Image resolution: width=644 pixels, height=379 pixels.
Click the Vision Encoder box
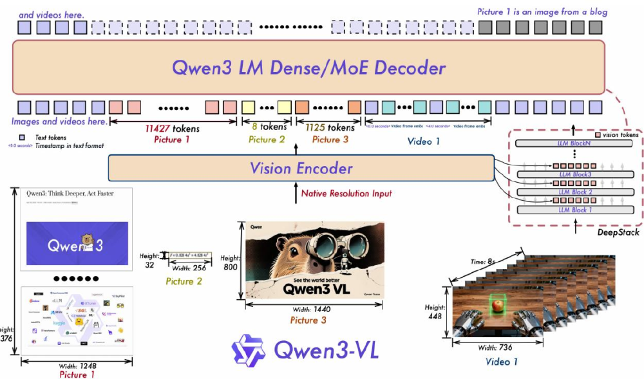(x=301, y=169)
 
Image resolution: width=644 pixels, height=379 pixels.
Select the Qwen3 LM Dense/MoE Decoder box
(x=308, y=68)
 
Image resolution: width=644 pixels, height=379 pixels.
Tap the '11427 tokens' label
(x=172, y=128)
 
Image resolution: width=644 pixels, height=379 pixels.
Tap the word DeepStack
(x=618, y=232)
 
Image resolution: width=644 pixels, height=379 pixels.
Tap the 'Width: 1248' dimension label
(x=77, y=365)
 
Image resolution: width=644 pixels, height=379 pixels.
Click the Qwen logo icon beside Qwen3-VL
(x=249, y=349)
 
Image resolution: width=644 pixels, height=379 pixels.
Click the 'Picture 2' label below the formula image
(x=184, y=281)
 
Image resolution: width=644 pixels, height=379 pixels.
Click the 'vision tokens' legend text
(x=620, y=134)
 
